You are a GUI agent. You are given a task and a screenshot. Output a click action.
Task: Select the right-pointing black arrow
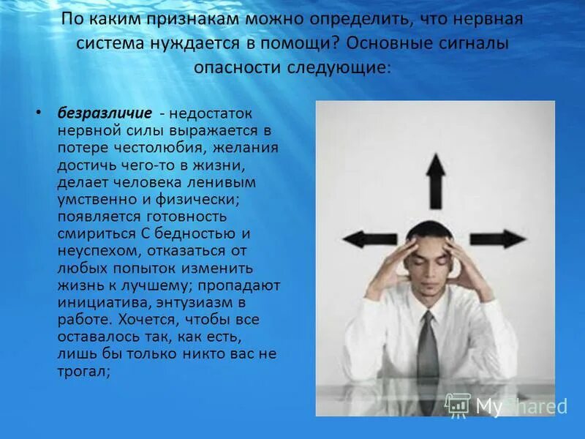[x=497, y=239]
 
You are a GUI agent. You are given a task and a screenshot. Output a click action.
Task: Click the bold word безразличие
[x=105, y=114]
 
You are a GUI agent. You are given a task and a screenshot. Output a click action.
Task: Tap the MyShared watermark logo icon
[x=458, y=404]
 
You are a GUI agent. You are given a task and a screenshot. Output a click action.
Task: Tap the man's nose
[x=429, y=269]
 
